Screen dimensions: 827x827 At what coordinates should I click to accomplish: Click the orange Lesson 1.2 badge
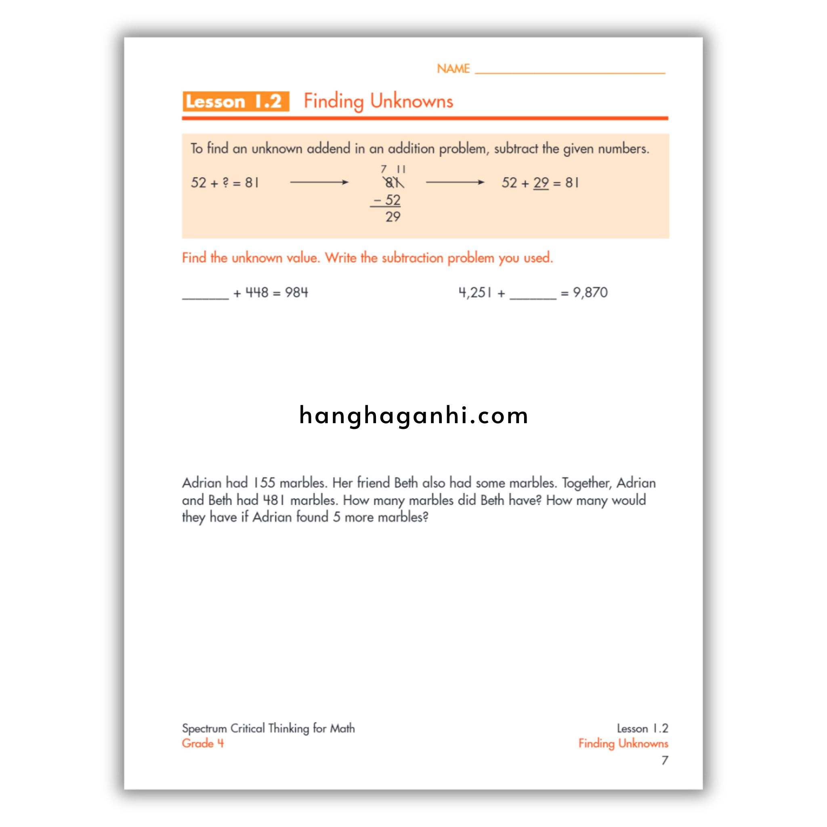tap(235, 101)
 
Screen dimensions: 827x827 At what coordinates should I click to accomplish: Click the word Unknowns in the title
tap(411, 101)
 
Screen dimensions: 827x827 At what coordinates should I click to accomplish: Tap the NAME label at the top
tap(453, 69)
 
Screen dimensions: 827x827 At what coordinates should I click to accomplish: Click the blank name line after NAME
tap(569, 71)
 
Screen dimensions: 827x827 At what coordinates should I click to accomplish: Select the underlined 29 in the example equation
tap(541, 183)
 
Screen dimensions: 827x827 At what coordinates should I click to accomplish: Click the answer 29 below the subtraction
tap(393, 217)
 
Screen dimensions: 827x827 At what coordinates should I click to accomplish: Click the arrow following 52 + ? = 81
tap(319, 183)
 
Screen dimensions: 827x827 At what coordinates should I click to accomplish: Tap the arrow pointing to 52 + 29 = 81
tap(455, 183)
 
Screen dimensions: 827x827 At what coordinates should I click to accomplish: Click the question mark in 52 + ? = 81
tap(226, 183)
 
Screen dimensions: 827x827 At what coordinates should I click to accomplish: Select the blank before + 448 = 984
tap(206, 295)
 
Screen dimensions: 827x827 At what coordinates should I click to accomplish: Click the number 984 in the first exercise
tap(296, 293)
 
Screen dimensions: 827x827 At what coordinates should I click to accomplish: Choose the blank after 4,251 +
tap(533, 295)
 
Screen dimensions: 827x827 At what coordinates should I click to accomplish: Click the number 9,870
tap(590, 293)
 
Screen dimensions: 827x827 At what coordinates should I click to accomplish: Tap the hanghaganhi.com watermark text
tap(413, 416)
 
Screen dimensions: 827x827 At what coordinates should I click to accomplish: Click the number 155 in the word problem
tap(264, 483)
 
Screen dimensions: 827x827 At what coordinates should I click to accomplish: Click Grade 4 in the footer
tap(203, 743)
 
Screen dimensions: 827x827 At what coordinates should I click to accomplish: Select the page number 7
tap(664, 760)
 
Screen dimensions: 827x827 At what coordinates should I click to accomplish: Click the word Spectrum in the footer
tap(204, 728)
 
